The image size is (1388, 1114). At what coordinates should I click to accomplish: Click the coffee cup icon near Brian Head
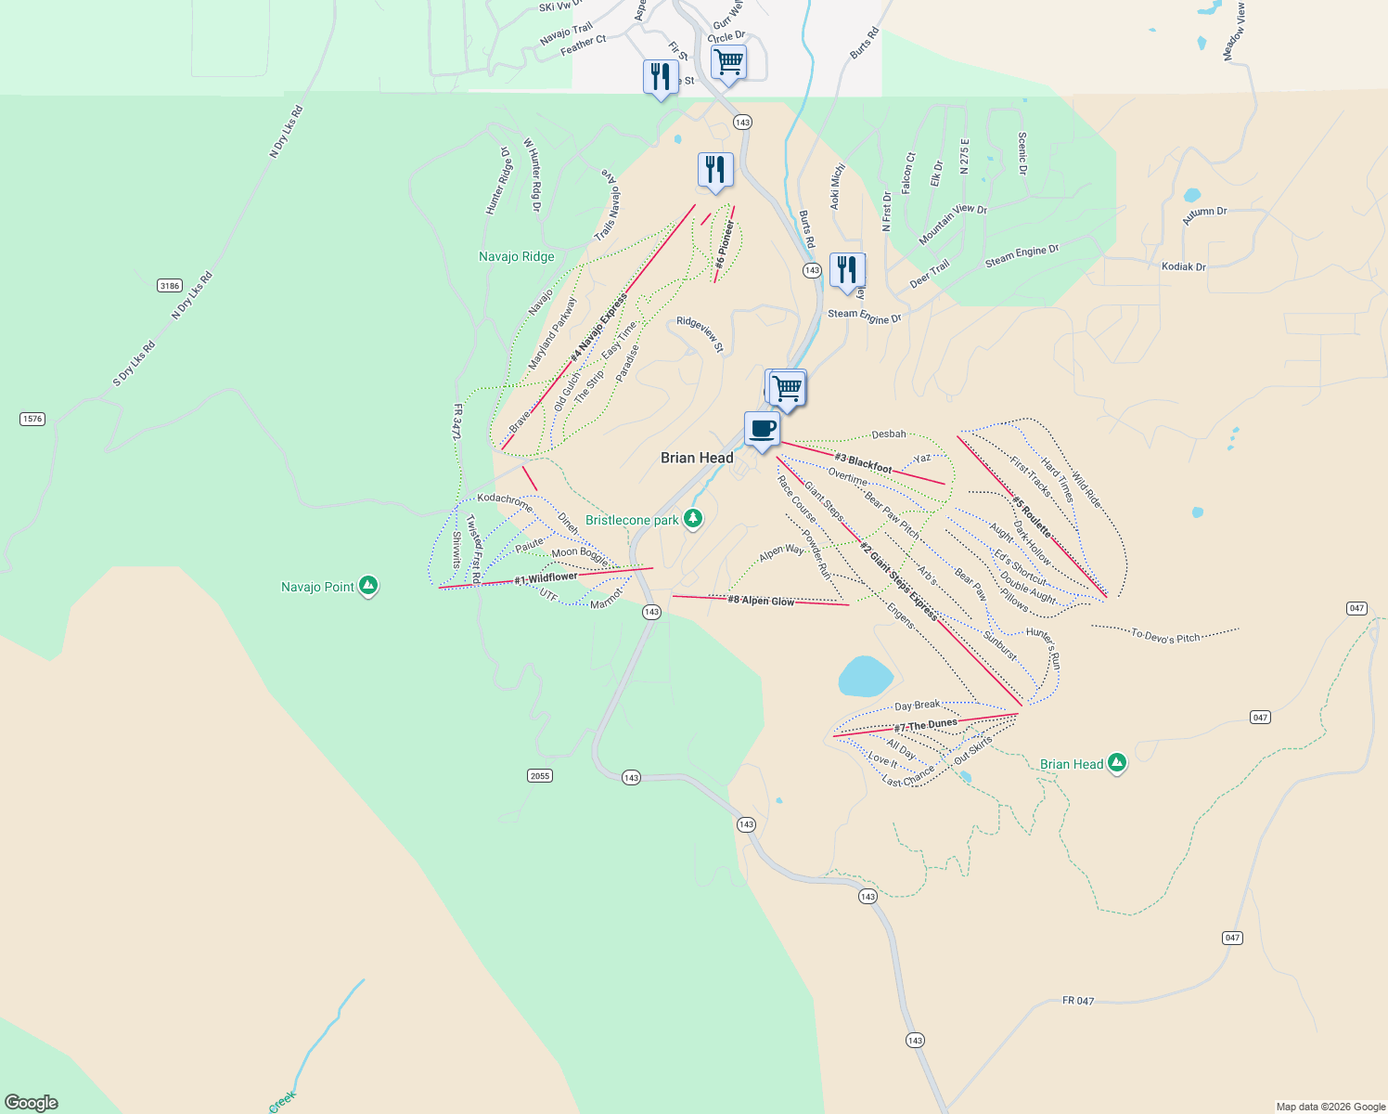tap(762, 429)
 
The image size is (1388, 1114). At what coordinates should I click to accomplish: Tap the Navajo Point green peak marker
tap(368, 586)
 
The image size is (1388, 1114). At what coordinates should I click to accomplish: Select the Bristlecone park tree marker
tap(693, 519)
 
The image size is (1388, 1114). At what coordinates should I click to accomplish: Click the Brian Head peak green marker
tap(1117, 763)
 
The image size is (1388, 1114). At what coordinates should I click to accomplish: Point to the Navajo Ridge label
tap(517, 257)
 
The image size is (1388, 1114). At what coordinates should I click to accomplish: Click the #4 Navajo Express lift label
tap(599, 328)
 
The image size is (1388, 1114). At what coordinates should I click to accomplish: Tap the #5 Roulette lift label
tap(1032, 516)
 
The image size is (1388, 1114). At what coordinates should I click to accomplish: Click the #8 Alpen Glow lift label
tap(761, 601)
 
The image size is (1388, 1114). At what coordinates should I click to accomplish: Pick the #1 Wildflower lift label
tap(546, 578)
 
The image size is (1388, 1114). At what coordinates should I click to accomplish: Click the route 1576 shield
tap(32, 419)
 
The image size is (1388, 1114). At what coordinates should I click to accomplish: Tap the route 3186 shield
tap(169, 286)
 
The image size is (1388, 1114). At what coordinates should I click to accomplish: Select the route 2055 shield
tap(540, 775)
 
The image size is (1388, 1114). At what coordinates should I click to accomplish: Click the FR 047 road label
tap(1078, 1001)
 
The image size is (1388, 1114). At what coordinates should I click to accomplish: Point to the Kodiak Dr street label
tap(1184, 266)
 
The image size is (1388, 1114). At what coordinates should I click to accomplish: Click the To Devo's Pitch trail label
tap(1166, 637)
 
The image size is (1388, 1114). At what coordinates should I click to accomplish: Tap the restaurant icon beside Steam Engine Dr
tap(846, 270)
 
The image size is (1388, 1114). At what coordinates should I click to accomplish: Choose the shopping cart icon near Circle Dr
tap(728, 62)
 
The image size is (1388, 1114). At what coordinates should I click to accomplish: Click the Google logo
tap(32, 1103)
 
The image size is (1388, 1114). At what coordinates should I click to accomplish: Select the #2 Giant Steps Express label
tap(898, 580)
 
